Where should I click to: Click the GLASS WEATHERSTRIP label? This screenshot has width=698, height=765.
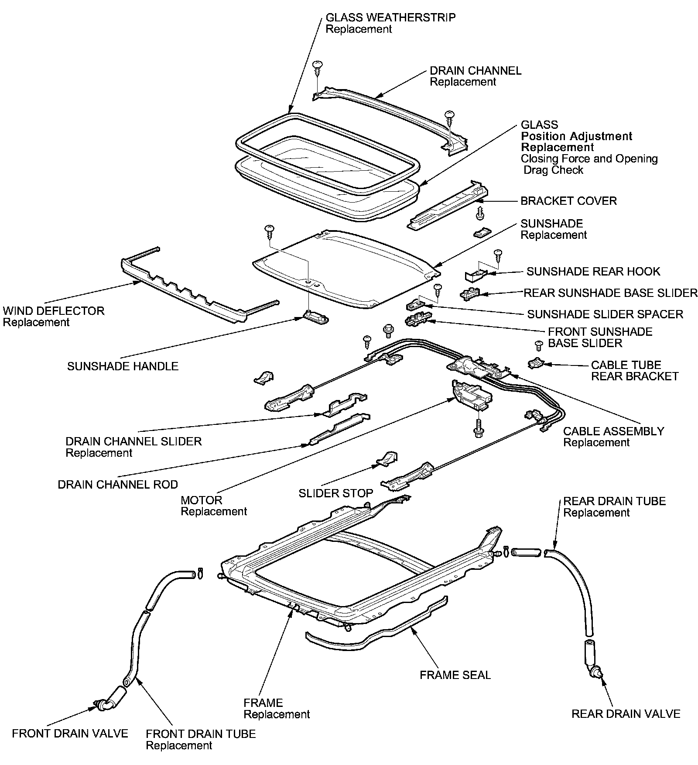pyautogui.click(x=390, y=18)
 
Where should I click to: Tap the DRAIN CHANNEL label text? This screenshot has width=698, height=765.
pyautogui.click(x=476, y=71)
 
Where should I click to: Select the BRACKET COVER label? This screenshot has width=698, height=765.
pyautogui.click(x=568, y=201)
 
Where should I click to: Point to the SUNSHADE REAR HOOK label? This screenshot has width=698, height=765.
pyautogui.click(x=593, y=272)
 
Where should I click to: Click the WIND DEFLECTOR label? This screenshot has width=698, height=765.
pyautogui.click(x=54, y=311)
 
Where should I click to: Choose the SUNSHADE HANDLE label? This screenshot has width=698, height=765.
pyautogui.click(x=123, y=366)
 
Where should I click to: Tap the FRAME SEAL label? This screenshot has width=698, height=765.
pyautogui.click(x=455, y=675)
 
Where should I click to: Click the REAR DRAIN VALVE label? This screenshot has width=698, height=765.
pyautogui.click(x=626, y=714)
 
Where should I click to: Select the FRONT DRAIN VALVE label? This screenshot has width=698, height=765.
pyautogui.click(x=70, y=733)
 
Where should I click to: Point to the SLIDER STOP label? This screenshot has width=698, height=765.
pyautogui.click(x=335, y=493)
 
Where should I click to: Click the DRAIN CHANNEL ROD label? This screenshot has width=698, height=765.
pyautogui.click(x=118, y=484)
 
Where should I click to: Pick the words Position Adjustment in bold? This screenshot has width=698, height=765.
pyautogui.click(x=576, y=136)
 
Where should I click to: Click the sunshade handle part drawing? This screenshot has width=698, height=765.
pyautogui.click(x=315, y=317)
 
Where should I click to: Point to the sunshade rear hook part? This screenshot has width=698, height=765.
pyautogui.click(x=476, y=275)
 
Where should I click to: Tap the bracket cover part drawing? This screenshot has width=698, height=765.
pyautogui.click(x=448, y=204)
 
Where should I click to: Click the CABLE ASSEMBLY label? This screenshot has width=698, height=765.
pyautogui.click(x=613, y=431)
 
